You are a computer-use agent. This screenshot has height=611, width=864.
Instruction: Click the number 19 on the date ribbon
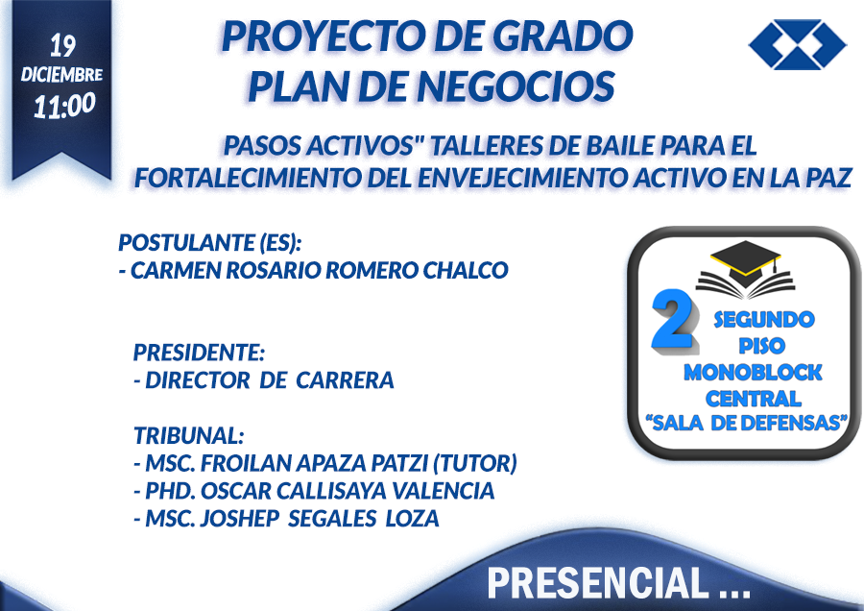(x=62, y=46)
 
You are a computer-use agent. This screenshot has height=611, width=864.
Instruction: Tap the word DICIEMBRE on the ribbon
(x=61, y=74)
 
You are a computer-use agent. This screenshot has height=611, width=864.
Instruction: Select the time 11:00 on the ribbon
(x=64, y=106)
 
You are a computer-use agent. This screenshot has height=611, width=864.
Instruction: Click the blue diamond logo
(x=798, y=44)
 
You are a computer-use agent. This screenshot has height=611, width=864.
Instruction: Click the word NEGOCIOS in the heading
(x=516, y=86)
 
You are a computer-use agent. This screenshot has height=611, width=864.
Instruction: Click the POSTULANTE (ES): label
(x=210, y=243)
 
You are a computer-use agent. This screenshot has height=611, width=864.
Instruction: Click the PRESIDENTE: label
(x=199, y=353)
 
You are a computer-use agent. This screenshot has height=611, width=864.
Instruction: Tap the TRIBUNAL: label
(x=188, y=435)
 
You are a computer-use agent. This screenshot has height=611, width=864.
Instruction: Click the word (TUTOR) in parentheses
(x=475, y=463)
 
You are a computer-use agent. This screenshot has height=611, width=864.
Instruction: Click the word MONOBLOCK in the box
(x=753, y=372)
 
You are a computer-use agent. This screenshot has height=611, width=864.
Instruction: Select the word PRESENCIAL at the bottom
(x=597, y=583)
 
